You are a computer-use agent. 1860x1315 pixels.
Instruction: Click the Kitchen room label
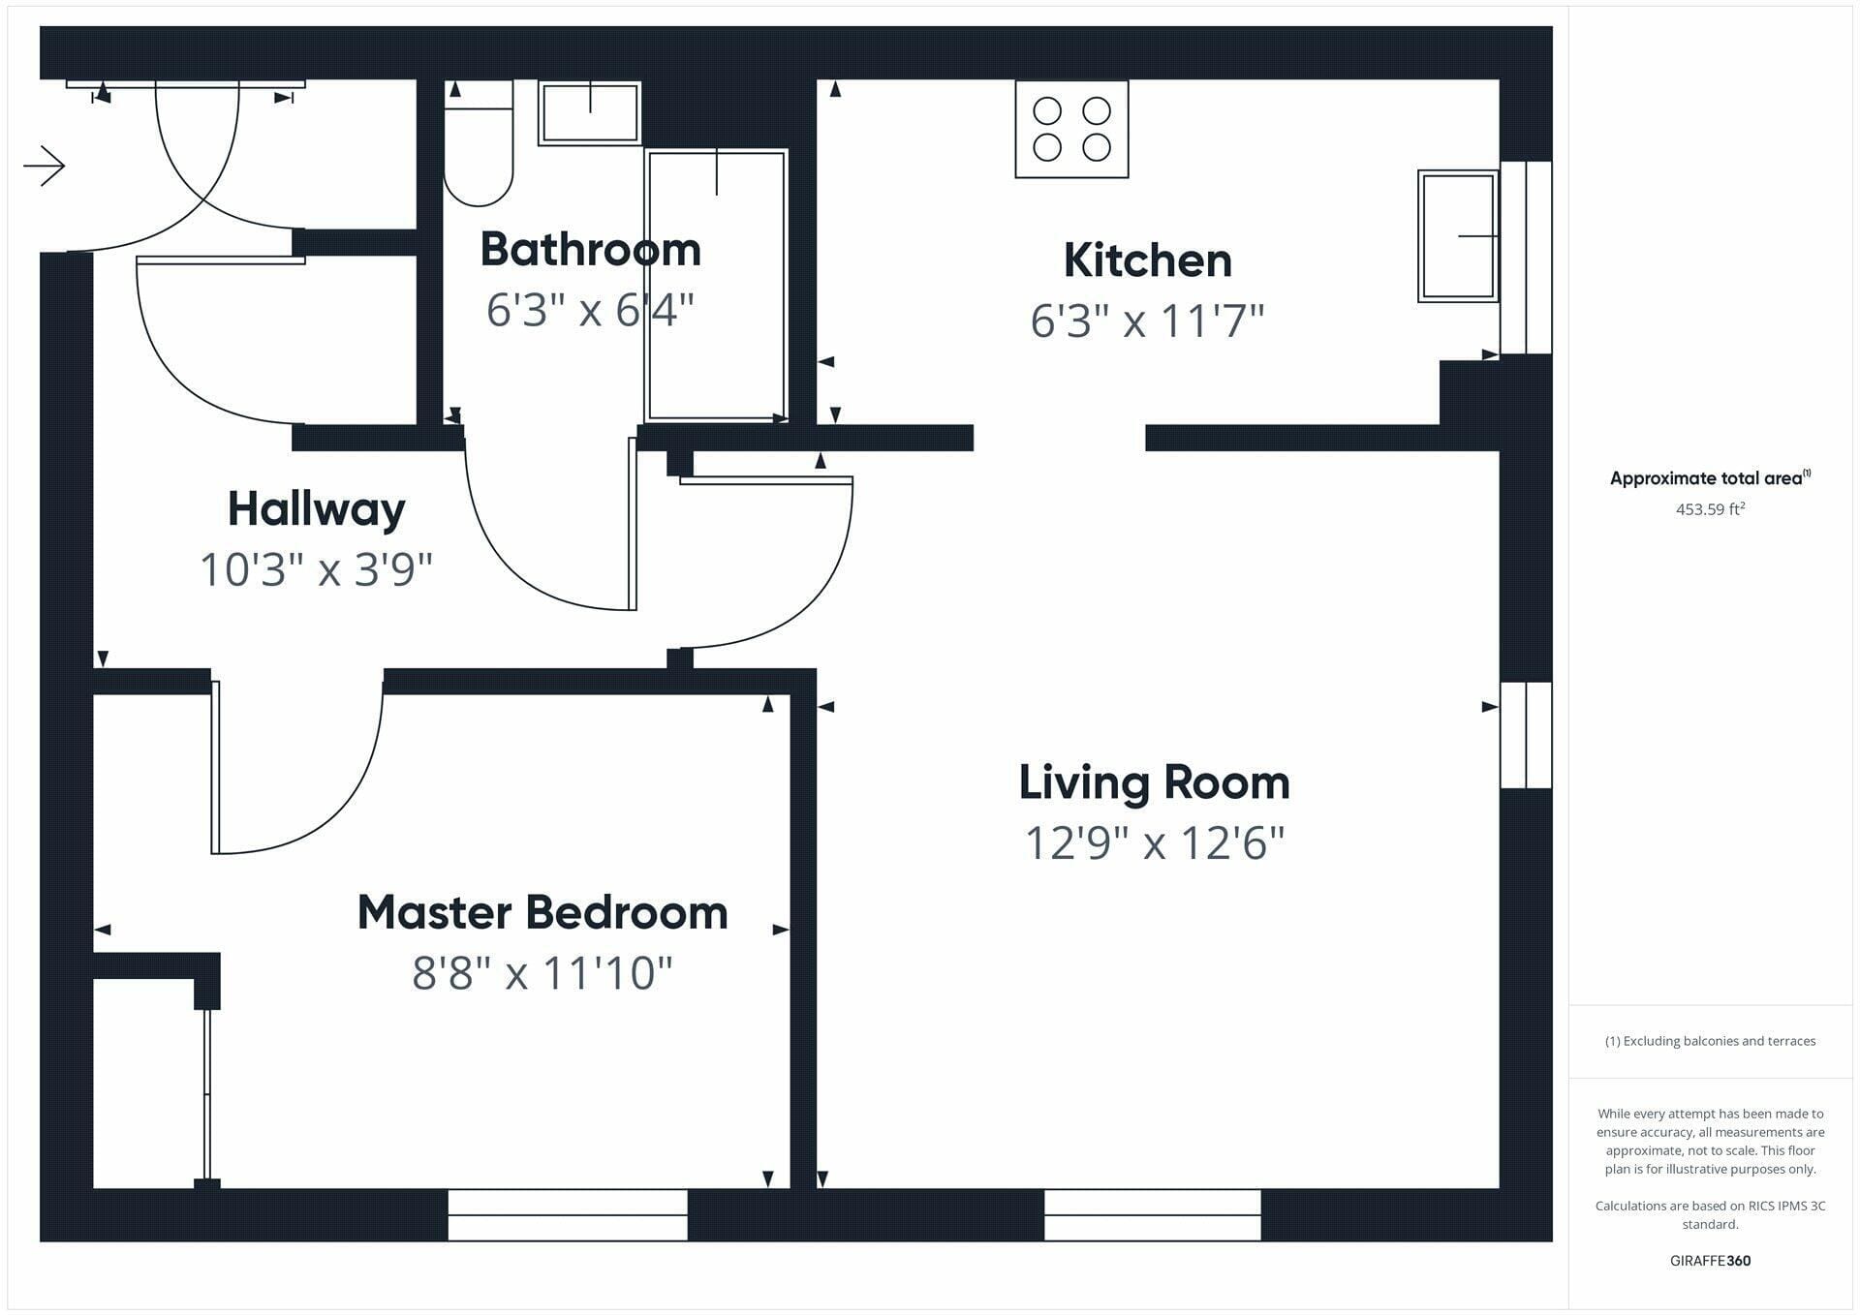pyautogui.click(x=1147, y=260)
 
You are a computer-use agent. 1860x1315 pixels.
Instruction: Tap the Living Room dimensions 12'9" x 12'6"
pyautogui.click(x=1155, y=843)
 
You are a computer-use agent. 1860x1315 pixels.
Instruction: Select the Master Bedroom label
pyautogui.click(x=542, y=912)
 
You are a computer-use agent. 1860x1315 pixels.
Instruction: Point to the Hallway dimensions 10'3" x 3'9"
pyautogui.click(x=316, y=569)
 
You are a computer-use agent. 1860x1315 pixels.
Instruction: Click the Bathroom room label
pyautogui.click(x=590, y=249)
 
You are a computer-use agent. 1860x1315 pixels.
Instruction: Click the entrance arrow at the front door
pyautogui.click(x=44, y=166)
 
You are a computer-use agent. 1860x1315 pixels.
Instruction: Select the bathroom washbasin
pyautogui.click(x=590, y=113)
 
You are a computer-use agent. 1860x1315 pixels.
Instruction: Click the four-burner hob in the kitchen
pyautogui.click(x=1071, y=129)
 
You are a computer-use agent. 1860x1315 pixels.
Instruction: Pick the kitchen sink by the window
pyautogui.click(x=1458, y=236)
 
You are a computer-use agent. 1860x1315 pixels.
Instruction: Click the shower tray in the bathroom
pyautogui.click(x=716, y=286)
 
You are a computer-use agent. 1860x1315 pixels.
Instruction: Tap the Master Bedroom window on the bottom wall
pyautogui.click(x=568, y=1215)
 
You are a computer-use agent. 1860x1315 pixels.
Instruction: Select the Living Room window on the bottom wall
pyautogui.click(x=1153, y=1215)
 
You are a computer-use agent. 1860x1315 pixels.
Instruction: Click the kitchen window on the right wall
pyautogui.click(x=1526, y=258)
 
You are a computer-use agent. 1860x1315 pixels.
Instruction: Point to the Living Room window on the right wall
pyautogui.click(x=1526, y=735)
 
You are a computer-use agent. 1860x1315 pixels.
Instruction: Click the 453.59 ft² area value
pyautogui.click(x=1711, y=508)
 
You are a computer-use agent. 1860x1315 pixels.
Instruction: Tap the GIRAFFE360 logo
pyautogui.click(x=1711, y=1261)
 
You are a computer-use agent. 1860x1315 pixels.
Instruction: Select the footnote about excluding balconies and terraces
pyautogui.click(x=1711, y=1041)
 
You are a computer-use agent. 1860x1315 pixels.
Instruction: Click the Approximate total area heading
pyautogui.click(x=1710, y=477)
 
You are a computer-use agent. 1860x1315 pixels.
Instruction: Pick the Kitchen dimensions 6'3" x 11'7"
pyautogui.click(x=1147, y=321)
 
